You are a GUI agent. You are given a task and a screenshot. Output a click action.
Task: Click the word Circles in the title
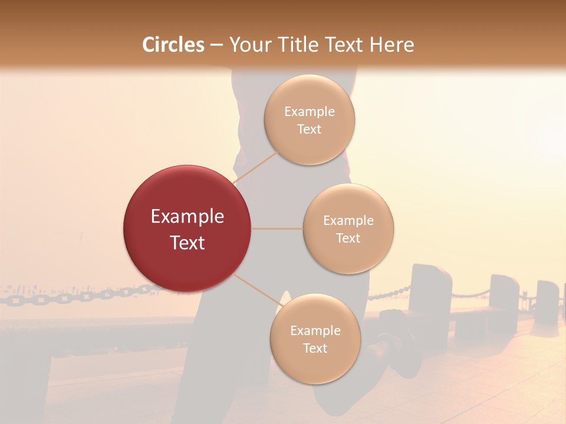173,45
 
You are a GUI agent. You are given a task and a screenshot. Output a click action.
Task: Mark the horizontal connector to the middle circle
277,228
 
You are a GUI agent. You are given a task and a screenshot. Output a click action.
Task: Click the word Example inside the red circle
187,217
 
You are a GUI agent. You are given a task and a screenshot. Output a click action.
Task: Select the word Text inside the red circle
187,243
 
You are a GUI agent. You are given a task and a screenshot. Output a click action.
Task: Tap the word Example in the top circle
310,112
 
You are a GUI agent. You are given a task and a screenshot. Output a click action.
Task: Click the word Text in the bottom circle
315,348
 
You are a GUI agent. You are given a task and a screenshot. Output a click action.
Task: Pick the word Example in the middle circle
348,221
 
